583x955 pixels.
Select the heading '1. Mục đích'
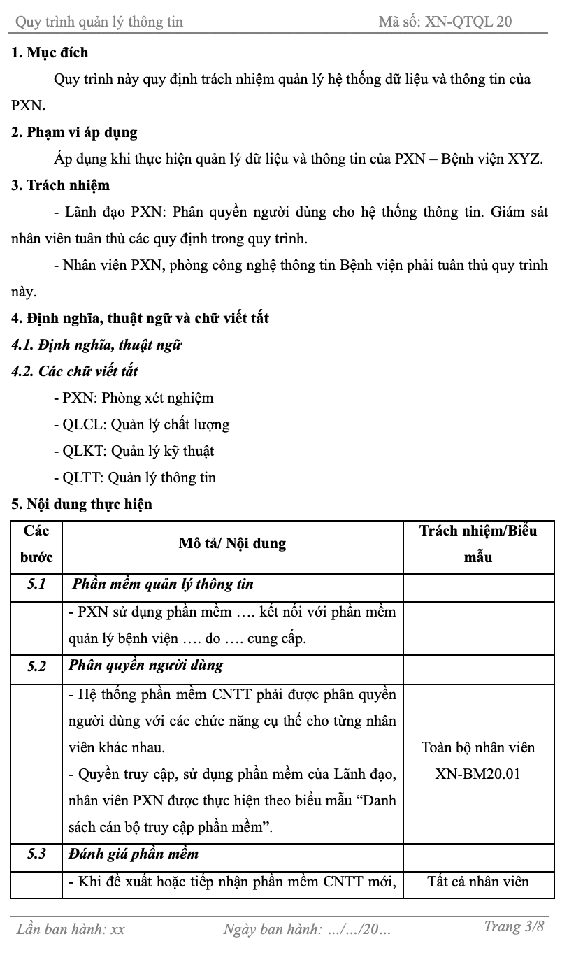point(50,52)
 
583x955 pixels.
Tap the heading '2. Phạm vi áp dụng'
point(74,132)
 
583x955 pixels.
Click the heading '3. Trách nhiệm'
point(61,185)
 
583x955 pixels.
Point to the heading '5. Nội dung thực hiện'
point(82,504)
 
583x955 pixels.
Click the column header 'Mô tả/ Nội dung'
point(232,543)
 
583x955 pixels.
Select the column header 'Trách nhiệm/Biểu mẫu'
point(478,543)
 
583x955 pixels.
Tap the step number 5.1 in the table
point(36,584)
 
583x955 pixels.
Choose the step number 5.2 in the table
point(36,666)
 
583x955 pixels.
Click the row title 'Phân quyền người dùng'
point(145,665)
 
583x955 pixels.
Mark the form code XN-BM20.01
point(477,774)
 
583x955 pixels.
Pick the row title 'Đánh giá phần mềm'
point(134,854)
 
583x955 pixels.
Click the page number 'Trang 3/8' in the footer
point(513,927)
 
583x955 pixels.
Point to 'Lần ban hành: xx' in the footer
point(71,929)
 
